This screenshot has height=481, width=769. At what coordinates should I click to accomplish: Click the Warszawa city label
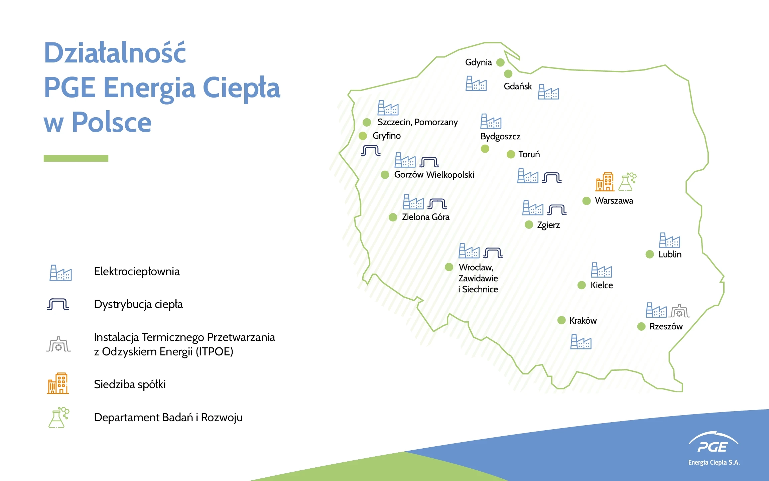(x=614, y=201)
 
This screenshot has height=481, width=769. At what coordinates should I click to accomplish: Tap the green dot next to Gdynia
(x=500, y=62)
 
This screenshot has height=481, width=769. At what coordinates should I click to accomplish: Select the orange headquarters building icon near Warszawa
(x=605, y=182)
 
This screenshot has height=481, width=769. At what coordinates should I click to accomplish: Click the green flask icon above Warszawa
(x=627, y=182)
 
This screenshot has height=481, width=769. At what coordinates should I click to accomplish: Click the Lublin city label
(x=670, y=254)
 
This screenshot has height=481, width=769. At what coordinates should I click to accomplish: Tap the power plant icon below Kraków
(x=581, y=342)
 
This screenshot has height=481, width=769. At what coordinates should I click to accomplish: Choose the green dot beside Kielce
(x=582, y=285)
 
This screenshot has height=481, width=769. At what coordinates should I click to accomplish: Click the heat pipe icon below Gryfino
(x=371, y=151)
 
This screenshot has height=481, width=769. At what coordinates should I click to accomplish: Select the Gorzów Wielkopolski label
(x=434, y=175)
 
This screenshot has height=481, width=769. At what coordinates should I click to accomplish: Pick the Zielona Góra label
(x=426, y=217)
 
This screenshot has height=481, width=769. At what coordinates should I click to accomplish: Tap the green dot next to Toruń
(x=511, y=154)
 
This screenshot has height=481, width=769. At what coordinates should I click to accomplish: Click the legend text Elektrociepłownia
(x=137, y=272)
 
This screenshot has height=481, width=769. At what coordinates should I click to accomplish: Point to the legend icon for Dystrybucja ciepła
(x=58, y=304)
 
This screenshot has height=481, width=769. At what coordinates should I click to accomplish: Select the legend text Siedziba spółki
(x=130, y=384)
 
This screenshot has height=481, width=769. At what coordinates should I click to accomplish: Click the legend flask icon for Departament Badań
(x=58, y=418)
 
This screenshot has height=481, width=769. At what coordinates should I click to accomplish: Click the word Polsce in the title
(x=112, y=122)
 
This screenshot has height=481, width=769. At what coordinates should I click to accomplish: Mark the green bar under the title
(x=76, y=158)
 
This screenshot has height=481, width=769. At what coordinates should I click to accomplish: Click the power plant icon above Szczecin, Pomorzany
(x=388, y=108)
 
